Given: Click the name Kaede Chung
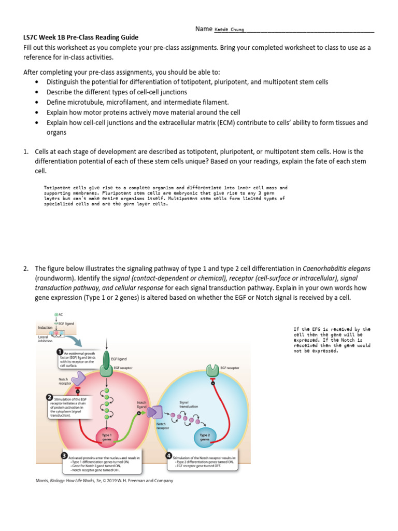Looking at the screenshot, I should tap(229, 30).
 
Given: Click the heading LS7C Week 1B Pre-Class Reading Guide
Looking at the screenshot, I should tap(81, 37).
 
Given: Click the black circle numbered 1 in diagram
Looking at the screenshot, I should tap(60, 352).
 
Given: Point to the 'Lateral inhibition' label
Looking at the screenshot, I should tap(46, 339).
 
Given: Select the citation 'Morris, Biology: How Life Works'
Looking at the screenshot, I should tap(104, 481).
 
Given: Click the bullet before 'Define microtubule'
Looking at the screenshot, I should tap(36, 102).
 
